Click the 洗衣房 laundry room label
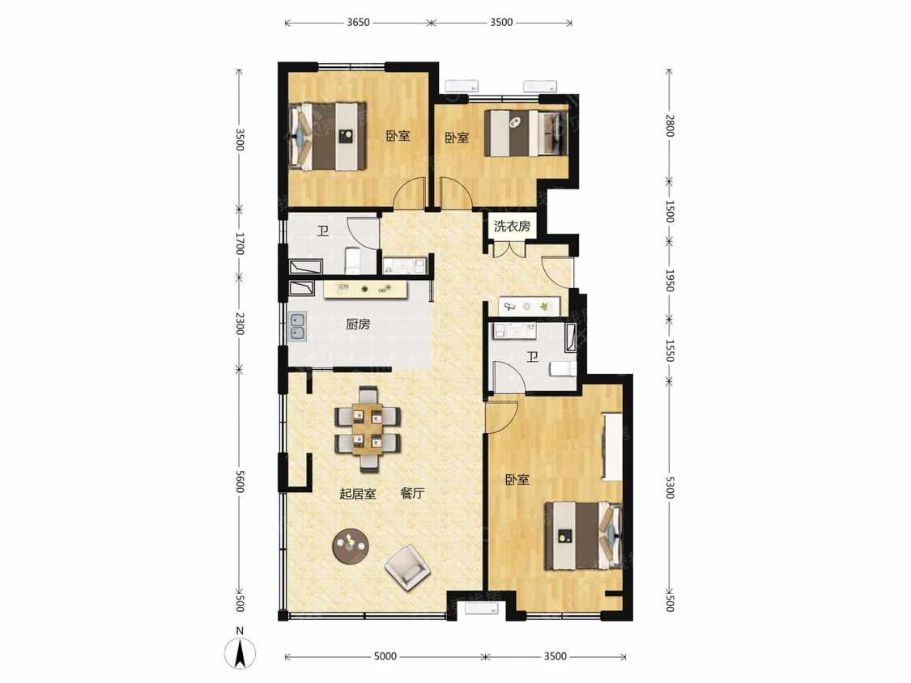pos(512,226)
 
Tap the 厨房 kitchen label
pos(358,324)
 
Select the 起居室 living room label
pos(358,494)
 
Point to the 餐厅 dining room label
pos(412,494)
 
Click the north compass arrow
pos(240,653)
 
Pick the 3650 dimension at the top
pos(358,23)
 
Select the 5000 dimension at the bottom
pos(385,656)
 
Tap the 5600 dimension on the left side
pos(240,481)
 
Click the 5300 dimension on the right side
pos(670,487)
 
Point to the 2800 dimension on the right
pos(670,125)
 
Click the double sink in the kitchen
pos(297,326)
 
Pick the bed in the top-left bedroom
pos(328,137)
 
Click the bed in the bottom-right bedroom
pos(583,536)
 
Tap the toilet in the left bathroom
pos(353,261)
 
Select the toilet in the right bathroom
pos(563,368)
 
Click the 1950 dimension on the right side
pos(670,281)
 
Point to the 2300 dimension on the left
pos(240,323)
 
